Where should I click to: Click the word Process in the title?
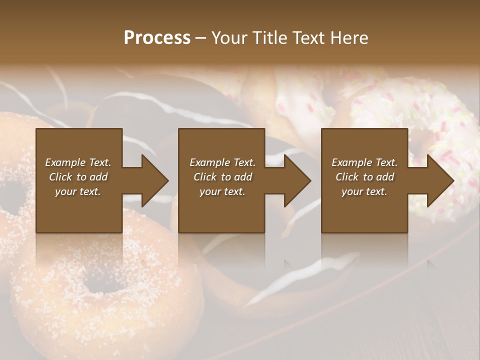tap(157, 38)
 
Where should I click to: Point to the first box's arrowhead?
tap(154, 180)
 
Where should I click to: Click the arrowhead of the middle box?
tap(297, 180)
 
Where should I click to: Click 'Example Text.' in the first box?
tap(78, 162)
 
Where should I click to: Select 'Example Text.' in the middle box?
tap(222, 162)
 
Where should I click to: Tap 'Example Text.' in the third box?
tap(364, 162)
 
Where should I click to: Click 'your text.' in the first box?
tap(78, 191)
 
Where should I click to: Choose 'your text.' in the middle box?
tap(222, 191)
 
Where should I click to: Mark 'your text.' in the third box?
tap(364, 191)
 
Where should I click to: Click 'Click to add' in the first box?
tap(78, 177)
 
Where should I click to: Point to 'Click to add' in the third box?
tap(364, 177)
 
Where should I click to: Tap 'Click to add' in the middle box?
tap(222, 177)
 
